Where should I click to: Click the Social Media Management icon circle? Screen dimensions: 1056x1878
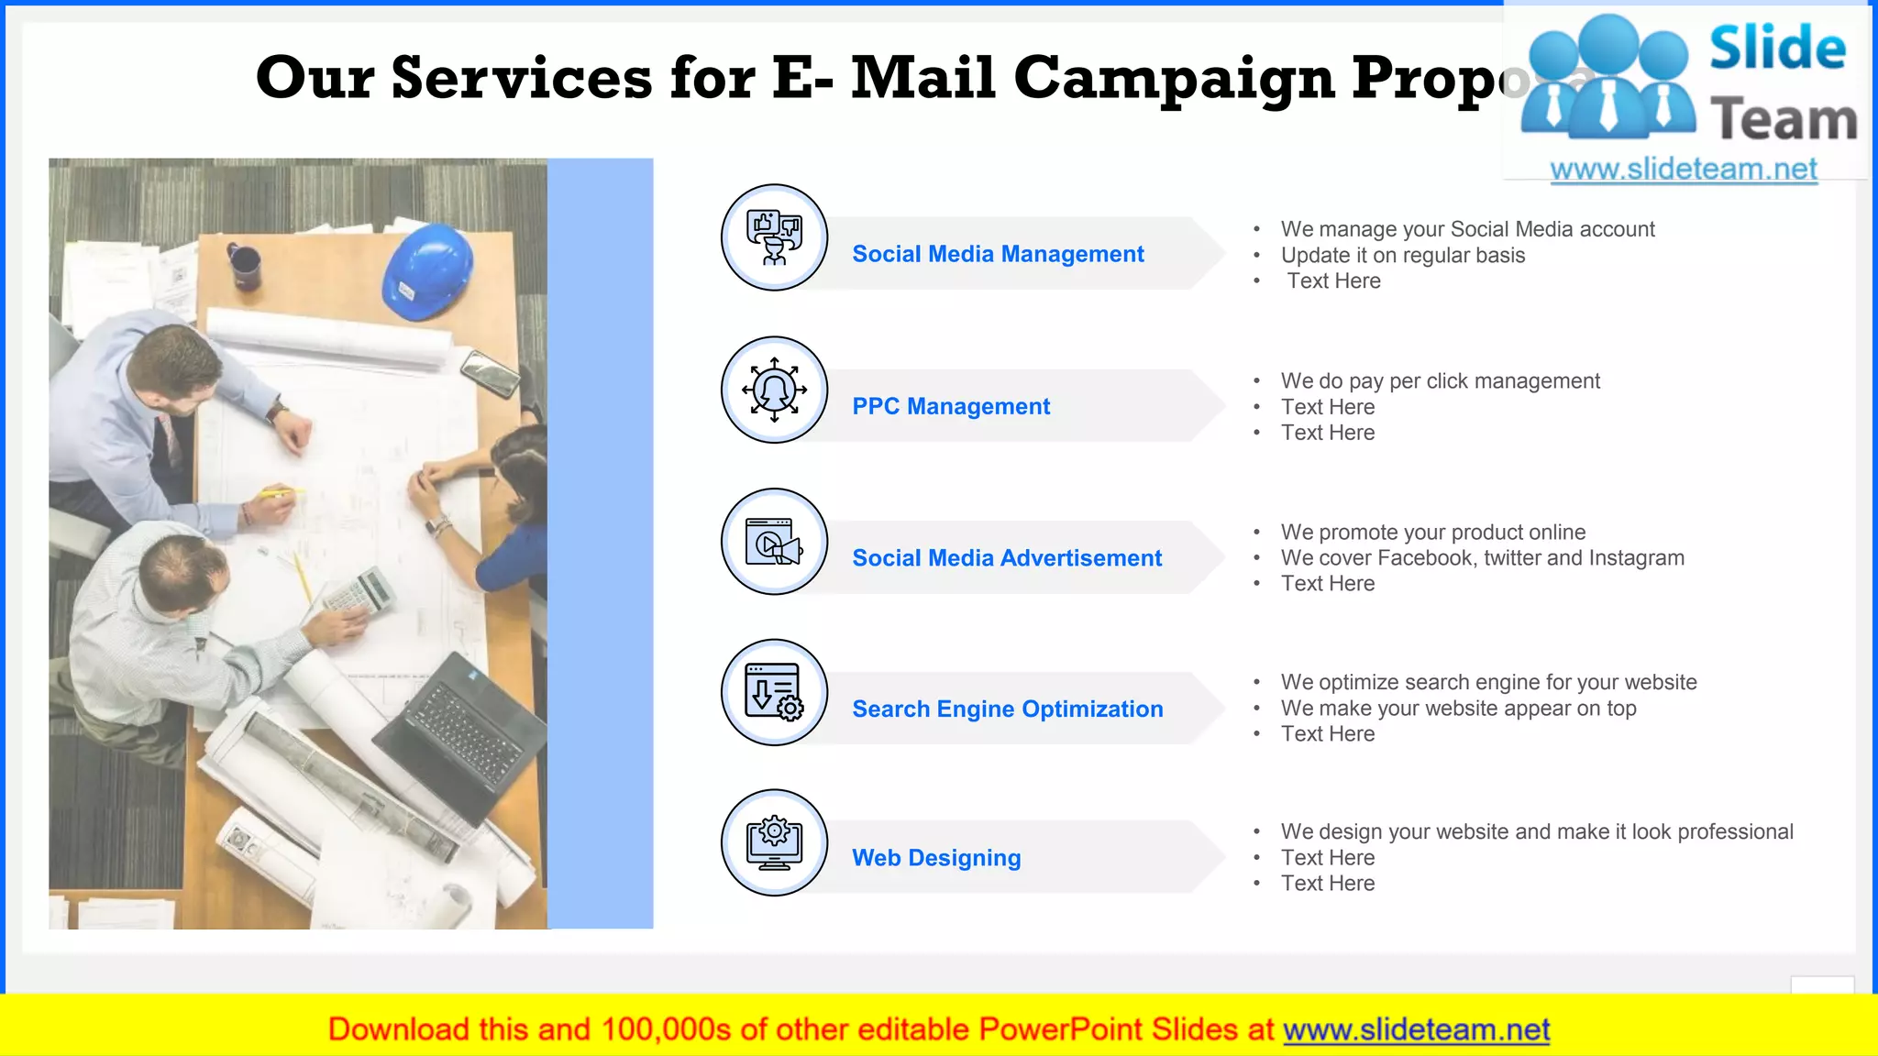(x=774, y=237)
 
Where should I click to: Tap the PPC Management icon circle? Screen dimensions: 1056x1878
(x=774, y=390)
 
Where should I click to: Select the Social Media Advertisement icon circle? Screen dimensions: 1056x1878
(x=774, y=541)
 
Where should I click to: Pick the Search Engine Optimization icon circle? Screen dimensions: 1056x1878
(x=774, y=692)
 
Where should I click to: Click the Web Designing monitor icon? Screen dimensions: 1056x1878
(x=774, y=842)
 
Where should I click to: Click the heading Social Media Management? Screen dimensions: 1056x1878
(x=998, y=254)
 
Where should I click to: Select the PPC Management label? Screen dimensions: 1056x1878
(x=951, y=406)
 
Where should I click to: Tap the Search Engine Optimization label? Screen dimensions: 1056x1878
(x=1007, y=709)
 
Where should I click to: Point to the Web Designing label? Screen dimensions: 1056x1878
(x=935, y=858)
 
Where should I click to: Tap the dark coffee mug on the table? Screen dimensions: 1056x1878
(x=245, y=265)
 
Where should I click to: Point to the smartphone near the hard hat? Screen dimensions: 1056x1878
(x=490, y=373)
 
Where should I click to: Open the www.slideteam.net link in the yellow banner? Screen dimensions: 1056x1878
(x=1416, y=1030)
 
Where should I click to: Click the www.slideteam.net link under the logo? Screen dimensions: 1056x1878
(x=1683, y=170)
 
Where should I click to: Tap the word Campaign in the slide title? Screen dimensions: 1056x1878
(x=1174, y=78)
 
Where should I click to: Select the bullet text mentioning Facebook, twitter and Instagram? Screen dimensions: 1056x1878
(x=1482, y=558)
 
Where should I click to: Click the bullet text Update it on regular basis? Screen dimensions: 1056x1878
(x=1402, y=256)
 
